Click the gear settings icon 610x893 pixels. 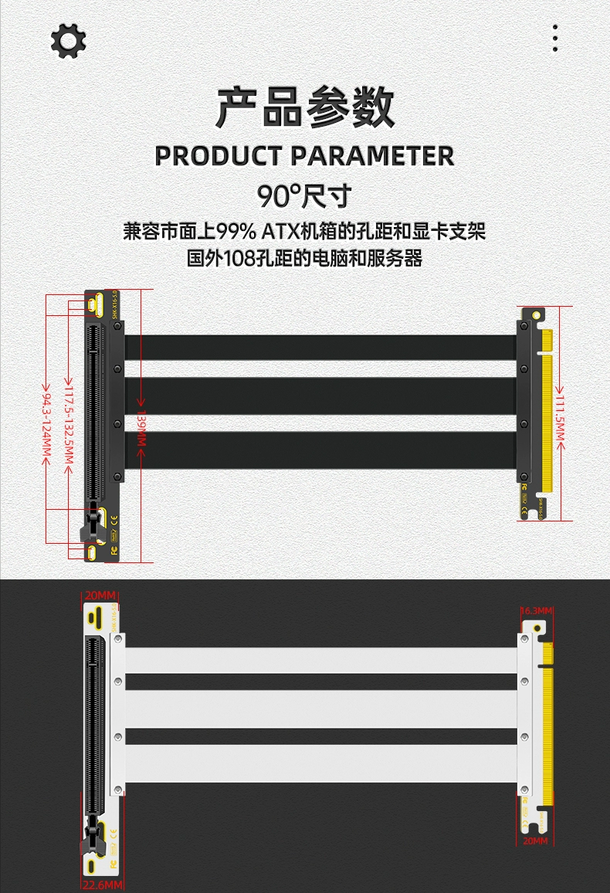68,40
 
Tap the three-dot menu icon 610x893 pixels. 555,38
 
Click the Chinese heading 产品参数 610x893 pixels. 305,108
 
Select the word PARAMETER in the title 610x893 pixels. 377,156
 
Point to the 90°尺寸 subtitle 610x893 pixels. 304,195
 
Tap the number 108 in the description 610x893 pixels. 237,258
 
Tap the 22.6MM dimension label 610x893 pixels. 102,885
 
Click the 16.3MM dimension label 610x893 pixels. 537,611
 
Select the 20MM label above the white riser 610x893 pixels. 100,595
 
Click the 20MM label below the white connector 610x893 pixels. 534,840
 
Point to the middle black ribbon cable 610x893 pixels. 320,396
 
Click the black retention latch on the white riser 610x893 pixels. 92,834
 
